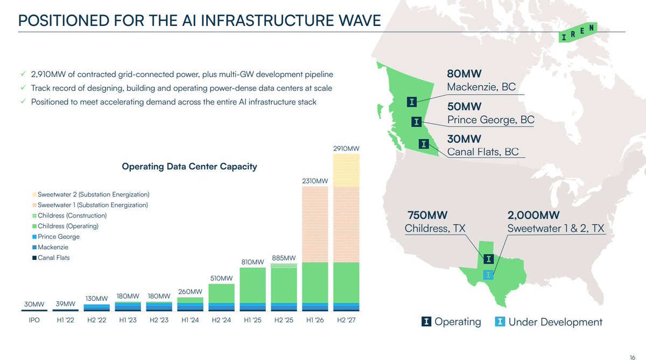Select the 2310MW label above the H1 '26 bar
point(315,181)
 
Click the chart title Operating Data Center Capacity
point(189,166)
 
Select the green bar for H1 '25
point(252,285)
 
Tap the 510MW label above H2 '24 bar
point(221,278)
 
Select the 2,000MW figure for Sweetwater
point(533,215)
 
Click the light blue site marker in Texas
point(488,274)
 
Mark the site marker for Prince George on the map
point(416,122)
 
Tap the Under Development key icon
point(500,322)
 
